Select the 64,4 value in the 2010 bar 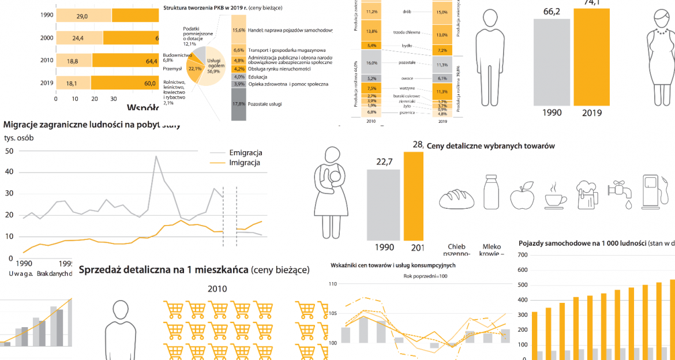pyautogui.click(x=152, y=61)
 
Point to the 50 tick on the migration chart pyautogui.click(x=9, y=151)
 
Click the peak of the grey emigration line pyautogui.click(x=155, y=156)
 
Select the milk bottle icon pyautogui.click(x=491, y=192)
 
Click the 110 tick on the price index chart pyautogui.click(x=333, y=284)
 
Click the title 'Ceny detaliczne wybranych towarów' pyautogui.click(x=490, y=146)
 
